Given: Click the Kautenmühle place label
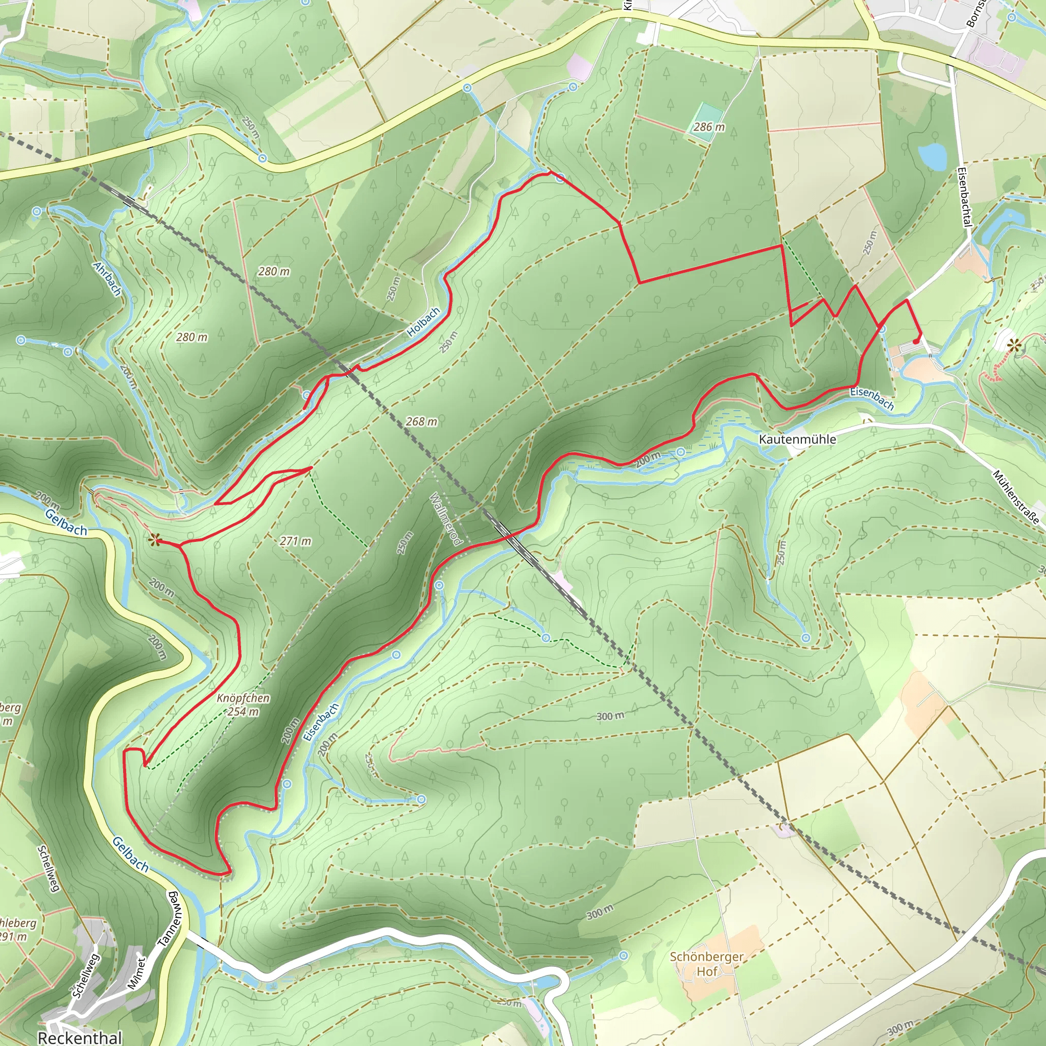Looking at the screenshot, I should [x=797, y=439].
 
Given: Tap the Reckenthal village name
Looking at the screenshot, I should [x=80, y=1037].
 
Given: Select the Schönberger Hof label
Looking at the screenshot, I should [x=706, y=964].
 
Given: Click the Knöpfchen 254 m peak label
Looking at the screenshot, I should [x=243, y=704].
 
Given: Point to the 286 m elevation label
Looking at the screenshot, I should [x=709, y=127].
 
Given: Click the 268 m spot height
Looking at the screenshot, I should [x=421, y=421].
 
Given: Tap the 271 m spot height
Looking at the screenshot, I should [x=296, y=541].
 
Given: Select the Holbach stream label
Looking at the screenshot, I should [x=423, y=323].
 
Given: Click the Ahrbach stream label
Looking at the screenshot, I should [x=107, y=278].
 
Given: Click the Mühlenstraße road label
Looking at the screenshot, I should [x=1016, y=497].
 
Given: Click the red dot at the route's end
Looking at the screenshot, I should [x=915, y=342].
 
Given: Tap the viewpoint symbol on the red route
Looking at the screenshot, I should [x=155, y=539].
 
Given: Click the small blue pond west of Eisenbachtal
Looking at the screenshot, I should [x=932, y=156].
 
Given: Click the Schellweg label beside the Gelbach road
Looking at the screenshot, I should [x=48, y=868].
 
